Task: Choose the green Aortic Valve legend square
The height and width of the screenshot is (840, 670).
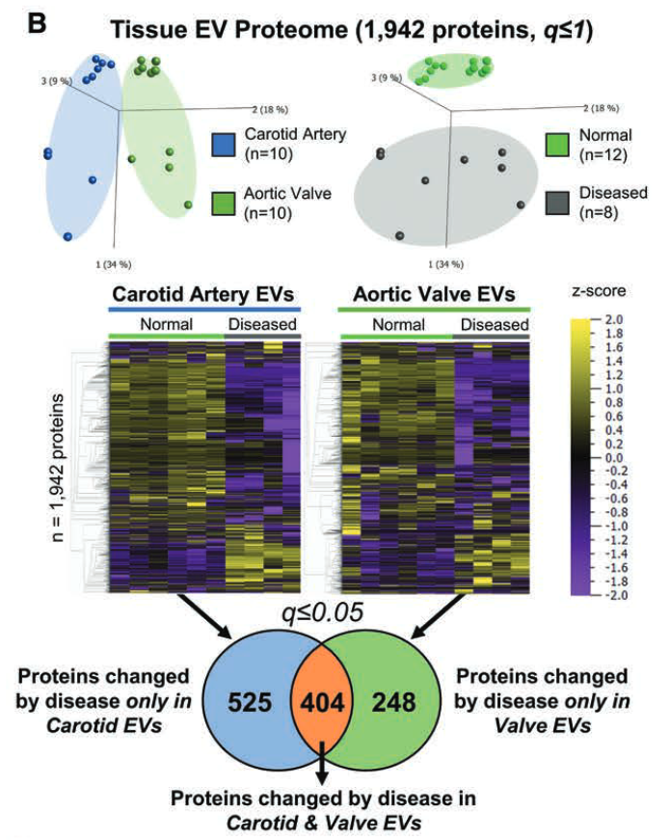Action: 222,200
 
